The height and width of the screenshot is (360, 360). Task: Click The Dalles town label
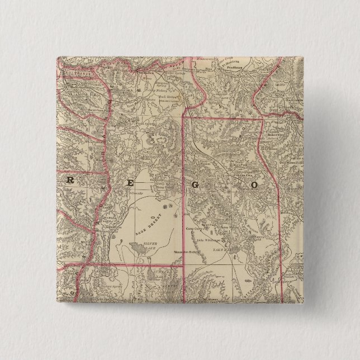(146, 73)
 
